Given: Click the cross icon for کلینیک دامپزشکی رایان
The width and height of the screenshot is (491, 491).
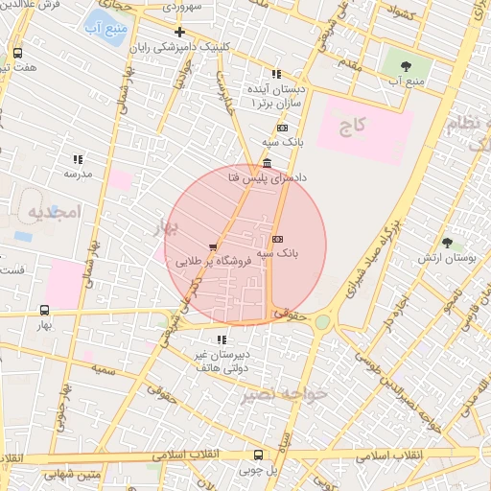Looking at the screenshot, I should pyautogui.click(x=179, y=32).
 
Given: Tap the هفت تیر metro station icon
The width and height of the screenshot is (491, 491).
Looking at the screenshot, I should pyautogui.click(x=18, y=54).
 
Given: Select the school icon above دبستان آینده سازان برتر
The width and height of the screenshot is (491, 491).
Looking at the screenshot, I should pyautogui.click(x=276, y=74).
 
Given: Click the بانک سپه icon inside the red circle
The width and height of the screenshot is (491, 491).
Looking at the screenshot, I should pyautogui.click(x=277, y=239).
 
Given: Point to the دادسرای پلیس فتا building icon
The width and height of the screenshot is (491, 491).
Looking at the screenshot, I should pyautogui.click(x=266, y=162).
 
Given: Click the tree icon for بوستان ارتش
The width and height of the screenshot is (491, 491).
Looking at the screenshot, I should pyautogui.click(x=447, y=244).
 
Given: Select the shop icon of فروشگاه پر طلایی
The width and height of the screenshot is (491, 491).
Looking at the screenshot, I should pyautogui.click(x=212, y=245).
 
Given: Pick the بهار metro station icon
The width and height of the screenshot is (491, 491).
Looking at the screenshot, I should pyautogui.click(x=44, y=310).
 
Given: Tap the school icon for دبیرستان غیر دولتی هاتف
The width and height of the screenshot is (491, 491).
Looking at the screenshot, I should pyautogui.click(x=222, y=339).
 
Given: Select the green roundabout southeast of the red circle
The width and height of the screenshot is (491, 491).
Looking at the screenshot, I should pyautogui.click(x=322, y=322).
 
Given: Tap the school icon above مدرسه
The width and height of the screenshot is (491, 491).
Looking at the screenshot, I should pyautogui.click(x=77, y=159).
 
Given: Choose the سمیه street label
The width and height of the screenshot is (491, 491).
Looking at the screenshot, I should pyautogui.click(x=105, y=368).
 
